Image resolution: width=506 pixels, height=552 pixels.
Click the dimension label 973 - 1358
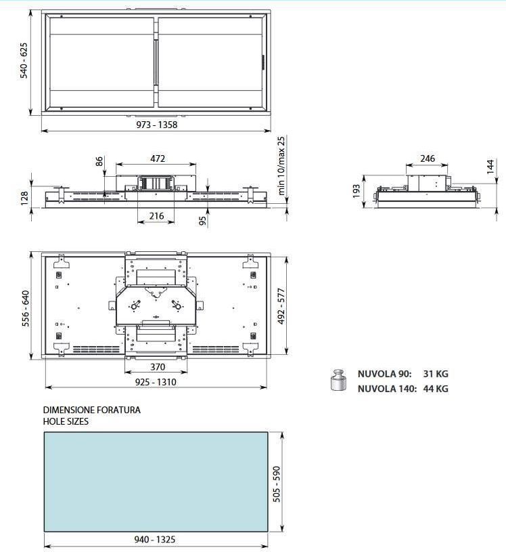157,125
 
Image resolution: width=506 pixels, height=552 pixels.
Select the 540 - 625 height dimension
24,60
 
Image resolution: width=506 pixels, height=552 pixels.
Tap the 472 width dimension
157,158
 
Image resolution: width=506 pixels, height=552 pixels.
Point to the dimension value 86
99,161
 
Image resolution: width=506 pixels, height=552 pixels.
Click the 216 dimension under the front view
156,215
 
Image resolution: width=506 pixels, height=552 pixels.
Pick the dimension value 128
24,198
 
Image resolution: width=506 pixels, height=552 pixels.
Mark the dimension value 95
202,221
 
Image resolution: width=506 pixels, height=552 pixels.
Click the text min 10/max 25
281,165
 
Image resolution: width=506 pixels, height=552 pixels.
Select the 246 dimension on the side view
428,158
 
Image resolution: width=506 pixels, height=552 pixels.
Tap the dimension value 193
356,191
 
